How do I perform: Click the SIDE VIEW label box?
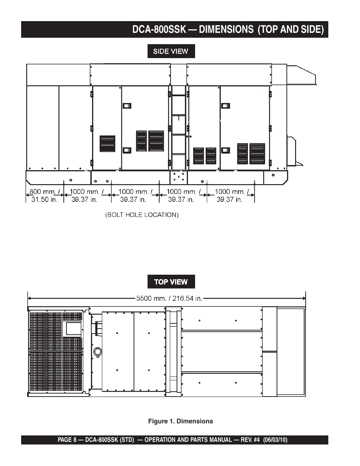171,51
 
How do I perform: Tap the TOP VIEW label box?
171,281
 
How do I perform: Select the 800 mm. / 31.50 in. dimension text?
45,195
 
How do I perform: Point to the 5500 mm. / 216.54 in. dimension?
169,298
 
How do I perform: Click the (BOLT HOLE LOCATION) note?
142,215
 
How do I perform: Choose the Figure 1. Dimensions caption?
180,421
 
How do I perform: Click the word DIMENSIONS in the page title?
226,29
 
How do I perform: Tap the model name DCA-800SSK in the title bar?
159,29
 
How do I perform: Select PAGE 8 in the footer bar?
67,440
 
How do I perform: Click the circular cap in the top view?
98,352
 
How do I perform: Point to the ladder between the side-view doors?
178,128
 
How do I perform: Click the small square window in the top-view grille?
72,328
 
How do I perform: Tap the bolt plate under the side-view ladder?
178,177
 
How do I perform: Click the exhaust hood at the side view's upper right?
302,75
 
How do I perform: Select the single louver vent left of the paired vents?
108,143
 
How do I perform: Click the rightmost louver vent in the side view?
257,154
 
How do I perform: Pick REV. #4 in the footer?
250,440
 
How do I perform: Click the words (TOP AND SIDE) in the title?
291,29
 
